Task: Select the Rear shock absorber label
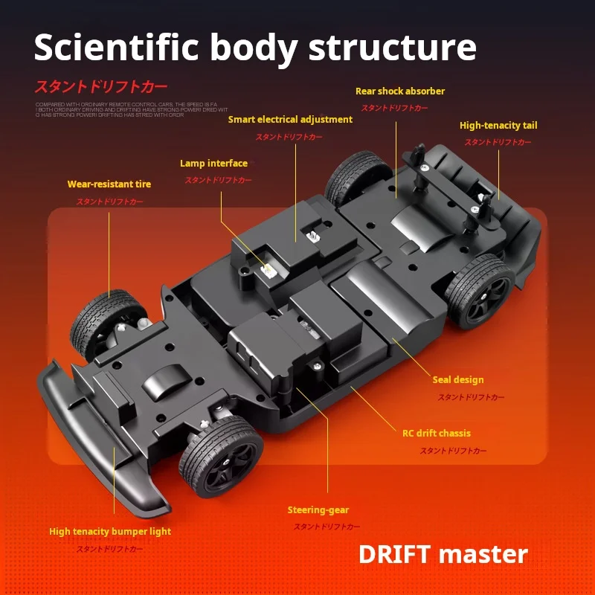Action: pyautogui.click(x=400, y=91)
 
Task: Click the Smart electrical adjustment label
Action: pyautogui.click(x=290, y=120)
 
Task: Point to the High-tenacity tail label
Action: pyautogui.click(x=498, y=126)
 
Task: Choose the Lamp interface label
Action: pyautogui.click(x=213, y=164)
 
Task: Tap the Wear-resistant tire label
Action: pyautogui.click(x=109, y=184)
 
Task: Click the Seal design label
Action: pyautogui.click(x=458, y=380)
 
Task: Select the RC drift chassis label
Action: pyautogui.click(x=437, y=433)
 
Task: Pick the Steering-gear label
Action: pyautogui.click(x=318, y=510)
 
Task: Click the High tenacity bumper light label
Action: pyautogui.click(x=110, y=532)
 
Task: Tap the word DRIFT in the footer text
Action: pyautogui.click(x=394, y=554)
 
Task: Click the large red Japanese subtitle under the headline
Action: pyautogui.click(x=100, y=86)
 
